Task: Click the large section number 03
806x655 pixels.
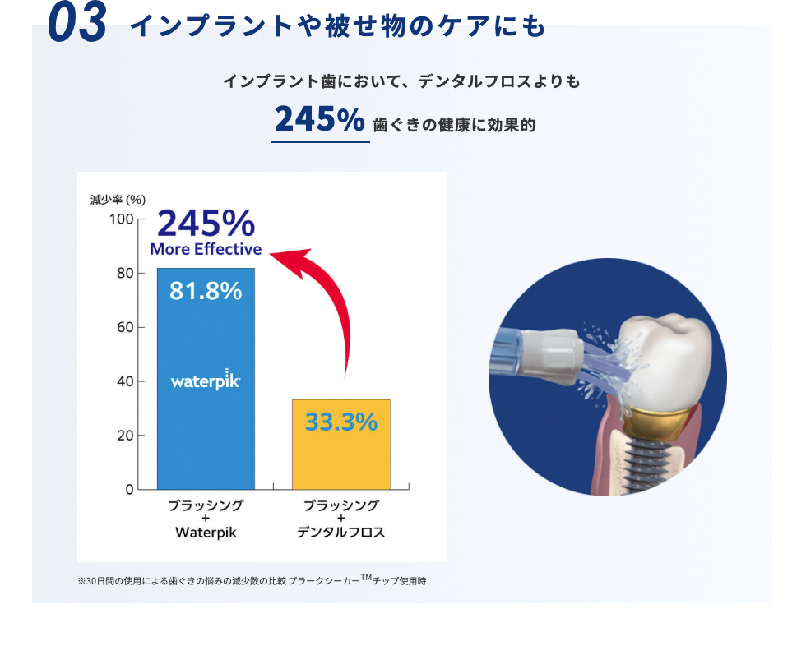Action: point(77,23)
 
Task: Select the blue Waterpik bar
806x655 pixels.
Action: point(206,379)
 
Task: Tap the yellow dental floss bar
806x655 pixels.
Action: point(341,445)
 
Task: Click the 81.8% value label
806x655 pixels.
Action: point(206,291)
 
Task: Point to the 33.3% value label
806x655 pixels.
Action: point(341,422)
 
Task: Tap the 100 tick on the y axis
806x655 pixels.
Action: point(122,219)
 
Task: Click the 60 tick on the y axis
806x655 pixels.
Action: point(125,327)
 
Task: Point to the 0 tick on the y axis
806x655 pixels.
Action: point(130,490)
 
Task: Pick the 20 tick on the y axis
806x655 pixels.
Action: point(125,436)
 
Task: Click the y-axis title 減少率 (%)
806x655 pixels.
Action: point(118,200)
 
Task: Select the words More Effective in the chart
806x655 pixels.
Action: point(206,249)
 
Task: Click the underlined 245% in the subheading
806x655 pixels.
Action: point(320,119)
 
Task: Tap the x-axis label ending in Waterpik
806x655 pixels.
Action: point(206,519)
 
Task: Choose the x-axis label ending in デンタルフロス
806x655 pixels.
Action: point(340,519)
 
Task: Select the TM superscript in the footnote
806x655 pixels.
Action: point(366,577)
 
